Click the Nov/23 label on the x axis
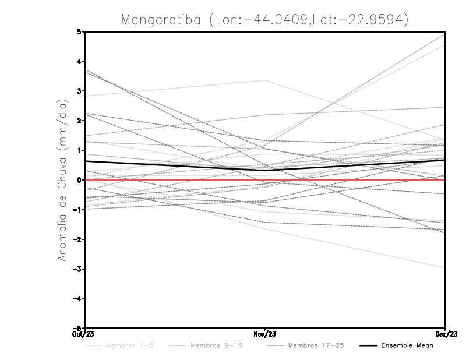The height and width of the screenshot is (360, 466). [x=265, y=334]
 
